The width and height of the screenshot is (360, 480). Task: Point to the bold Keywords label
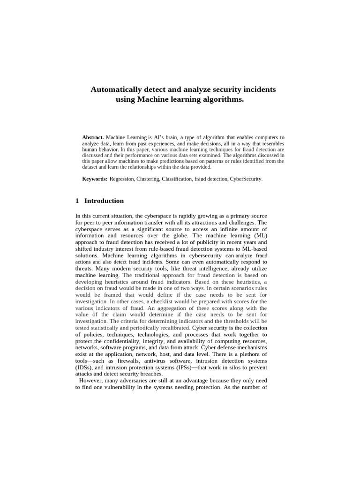[95, 179]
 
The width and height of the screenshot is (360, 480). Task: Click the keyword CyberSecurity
[246, 179]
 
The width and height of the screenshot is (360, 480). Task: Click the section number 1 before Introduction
[77, 201]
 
